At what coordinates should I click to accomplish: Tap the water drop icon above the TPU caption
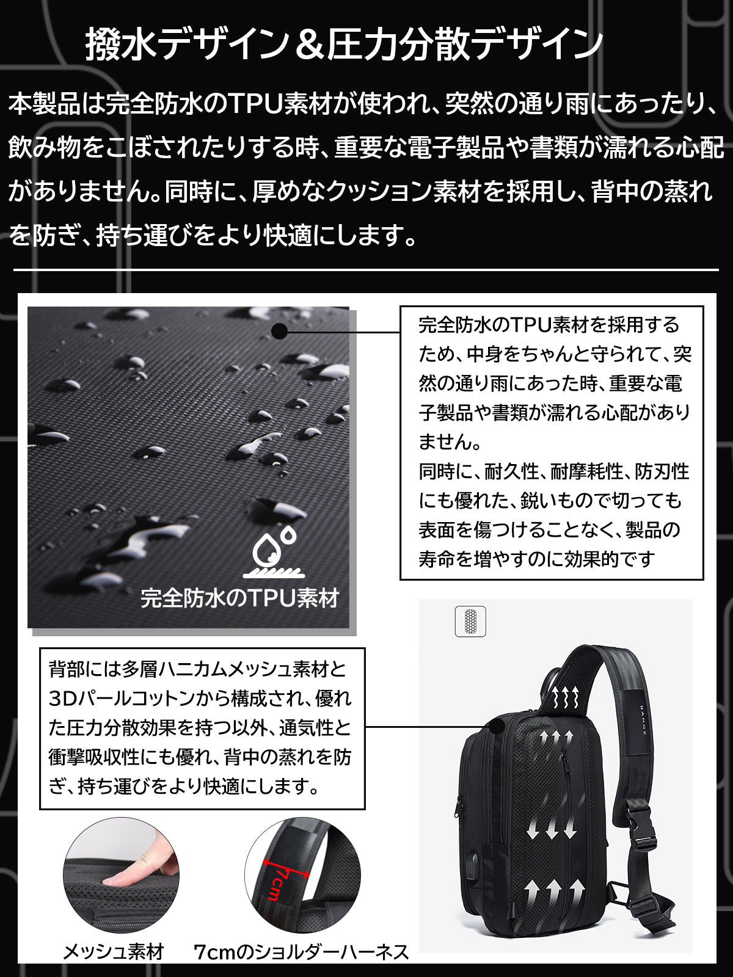pos(274,551)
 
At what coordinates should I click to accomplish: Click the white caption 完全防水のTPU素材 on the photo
pos(240,598)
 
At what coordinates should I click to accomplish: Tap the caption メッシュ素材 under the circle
pos(114,952)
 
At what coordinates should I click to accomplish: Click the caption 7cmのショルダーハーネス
pos(301,952)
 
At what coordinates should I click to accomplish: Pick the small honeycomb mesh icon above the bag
pos(470,622)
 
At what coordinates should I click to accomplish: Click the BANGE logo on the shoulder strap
pos(643,721)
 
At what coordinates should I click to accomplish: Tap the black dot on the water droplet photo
pos(280,331)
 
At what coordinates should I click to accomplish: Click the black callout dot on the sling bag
pos(496,727)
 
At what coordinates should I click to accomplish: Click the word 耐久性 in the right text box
pos(512,471)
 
